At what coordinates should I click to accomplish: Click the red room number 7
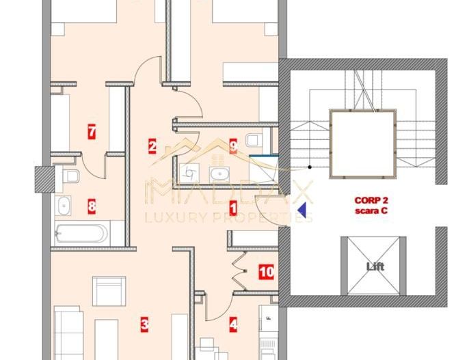[x=92, y=130]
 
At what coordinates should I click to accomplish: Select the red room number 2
[x=152, y=145]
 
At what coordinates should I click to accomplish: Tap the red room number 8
[x=92, y=204]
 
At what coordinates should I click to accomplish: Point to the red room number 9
[x=233, y=145]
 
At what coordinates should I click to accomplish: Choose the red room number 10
[x=266, y=273]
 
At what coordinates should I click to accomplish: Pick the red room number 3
[x=144, y=324]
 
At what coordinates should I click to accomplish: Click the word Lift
[x=375, y=266]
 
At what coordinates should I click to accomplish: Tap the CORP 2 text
[x=371, y=201]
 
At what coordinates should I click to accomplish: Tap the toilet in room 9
[x=254, y=140]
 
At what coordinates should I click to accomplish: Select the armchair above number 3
[x=109, y=290]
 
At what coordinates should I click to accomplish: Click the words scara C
[x=371, y=211]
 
